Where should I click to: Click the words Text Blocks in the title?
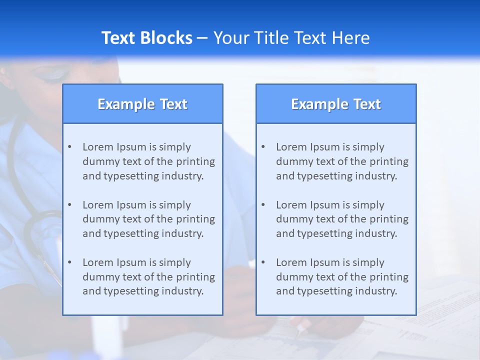(146, 38)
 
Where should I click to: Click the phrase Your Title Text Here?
(291, 38)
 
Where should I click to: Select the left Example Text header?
(142, 104)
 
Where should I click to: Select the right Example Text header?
(336, 104)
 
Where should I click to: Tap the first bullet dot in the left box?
(69, 147)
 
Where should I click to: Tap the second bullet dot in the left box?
(69, 205)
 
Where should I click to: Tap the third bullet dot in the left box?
(69, 262)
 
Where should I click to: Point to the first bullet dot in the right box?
(263, 147)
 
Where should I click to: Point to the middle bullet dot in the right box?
(263, 205)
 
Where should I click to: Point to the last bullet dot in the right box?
(263, 262)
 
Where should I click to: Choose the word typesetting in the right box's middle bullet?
(326, 233)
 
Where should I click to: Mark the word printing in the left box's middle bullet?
(195, 219)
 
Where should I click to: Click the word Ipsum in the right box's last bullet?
(326, 262)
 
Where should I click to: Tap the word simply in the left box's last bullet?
(175, 262)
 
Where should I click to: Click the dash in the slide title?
(202, 38)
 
